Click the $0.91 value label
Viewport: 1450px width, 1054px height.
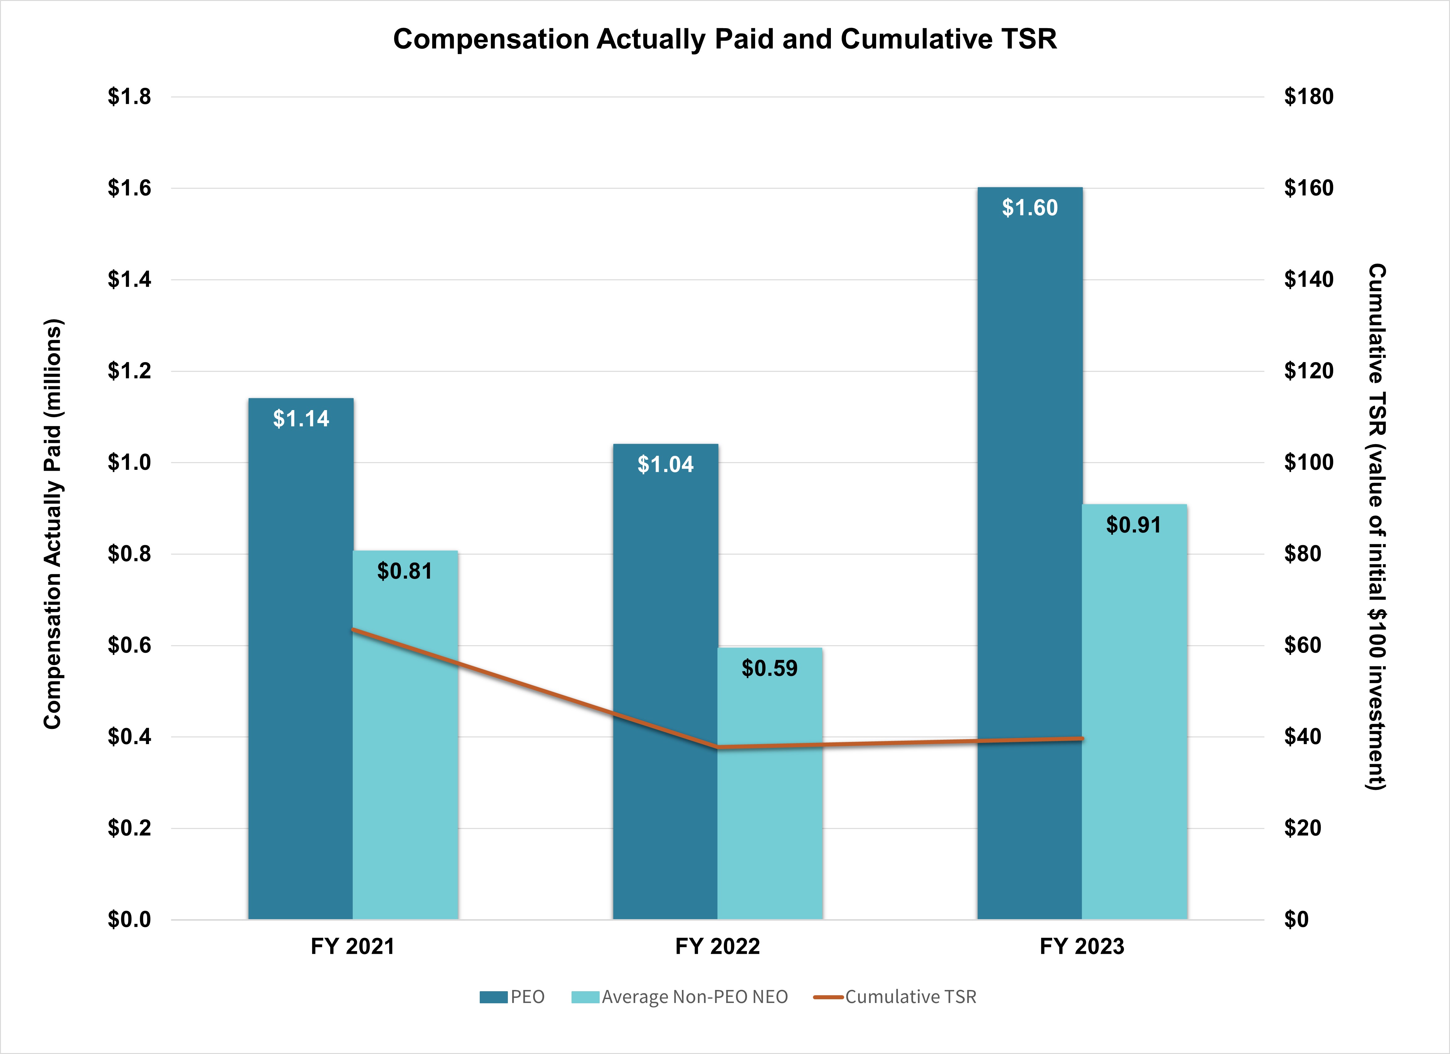1133,525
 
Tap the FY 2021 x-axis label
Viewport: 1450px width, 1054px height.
352,946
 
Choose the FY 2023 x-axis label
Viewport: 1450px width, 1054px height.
1082,946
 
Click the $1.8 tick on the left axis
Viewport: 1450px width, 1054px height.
129,96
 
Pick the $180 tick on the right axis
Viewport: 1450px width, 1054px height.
1309,96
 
